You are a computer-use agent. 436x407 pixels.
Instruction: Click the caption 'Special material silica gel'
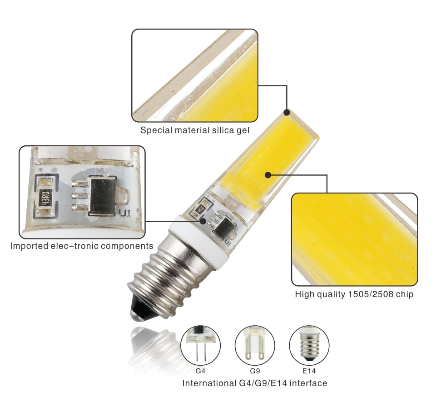tap(194, 130)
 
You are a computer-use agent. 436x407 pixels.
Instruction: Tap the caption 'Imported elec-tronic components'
tap(82, 246)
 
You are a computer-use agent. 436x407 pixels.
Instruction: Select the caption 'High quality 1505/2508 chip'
tap(354, 294)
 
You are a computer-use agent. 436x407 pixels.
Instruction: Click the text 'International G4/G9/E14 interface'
tap(254, 383)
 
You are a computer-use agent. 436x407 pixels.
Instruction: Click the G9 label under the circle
tap(254, 371)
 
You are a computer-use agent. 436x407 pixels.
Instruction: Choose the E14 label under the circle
tap(309, 371)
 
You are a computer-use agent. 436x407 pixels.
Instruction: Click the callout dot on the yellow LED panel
tap(268, 174)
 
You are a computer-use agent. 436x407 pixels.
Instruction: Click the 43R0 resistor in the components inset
tap(45, 198)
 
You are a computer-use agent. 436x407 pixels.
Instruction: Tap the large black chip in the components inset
tap(104, 196)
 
